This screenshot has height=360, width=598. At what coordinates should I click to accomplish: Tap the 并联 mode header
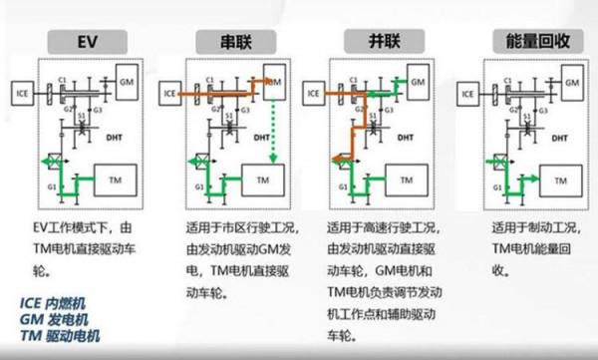[x=367, y=42]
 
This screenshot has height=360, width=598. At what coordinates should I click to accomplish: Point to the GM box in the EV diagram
[x=126, y=77]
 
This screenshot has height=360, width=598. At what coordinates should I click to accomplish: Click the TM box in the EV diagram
[x=117, y=180]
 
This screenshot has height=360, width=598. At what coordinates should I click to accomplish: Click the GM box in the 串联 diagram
[x=271, y=77]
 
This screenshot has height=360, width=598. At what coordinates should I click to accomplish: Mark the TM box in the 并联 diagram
[x=409, y=180]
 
